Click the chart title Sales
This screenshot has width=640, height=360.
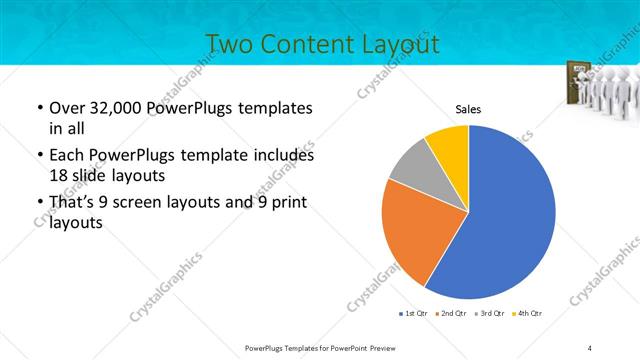(x=468, y=109)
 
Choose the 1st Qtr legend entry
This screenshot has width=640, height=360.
(x=414, y=315)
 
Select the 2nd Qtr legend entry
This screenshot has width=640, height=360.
(x=449, y=315)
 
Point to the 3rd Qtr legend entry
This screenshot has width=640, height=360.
(x=487, y=315)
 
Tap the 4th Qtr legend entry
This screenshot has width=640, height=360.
(x=524, y=315)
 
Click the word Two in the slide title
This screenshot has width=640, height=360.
(x=230, y=43)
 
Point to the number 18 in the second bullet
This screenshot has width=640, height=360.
(x=59, y=175)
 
